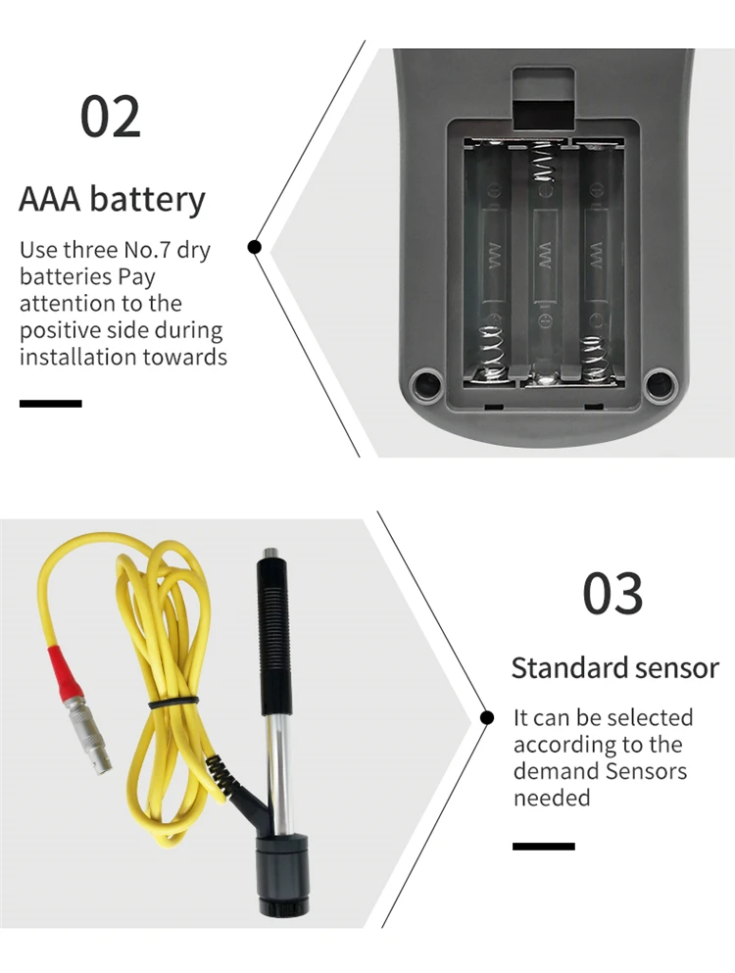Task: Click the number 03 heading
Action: click(613, 593)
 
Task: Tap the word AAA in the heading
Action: click(50, 199)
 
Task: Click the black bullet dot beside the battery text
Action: click(255, 247)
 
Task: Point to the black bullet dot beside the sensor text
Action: click(487, 717)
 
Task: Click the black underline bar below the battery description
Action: click(50, 403)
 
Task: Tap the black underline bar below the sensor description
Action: click(544, 846)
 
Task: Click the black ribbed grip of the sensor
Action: click(272, 637)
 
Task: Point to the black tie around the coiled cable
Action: click(172, 702)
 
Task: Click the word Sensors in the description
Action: click(646, 770)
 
